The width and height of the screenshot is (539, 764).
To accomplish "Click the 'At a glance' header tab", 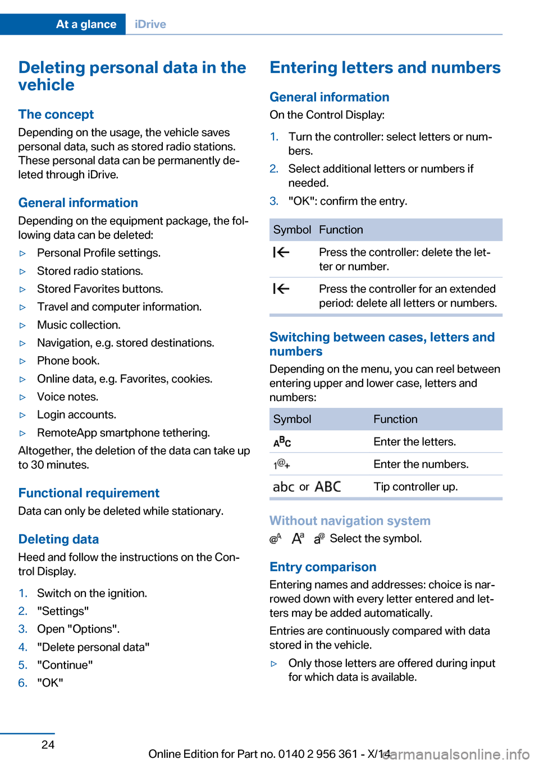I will coord(86,24).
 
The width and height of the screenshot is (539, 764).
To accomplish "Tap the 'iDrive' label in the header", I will coord(150,24).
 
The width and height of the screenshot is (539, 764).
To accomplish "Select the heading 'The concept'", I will coord(56,114).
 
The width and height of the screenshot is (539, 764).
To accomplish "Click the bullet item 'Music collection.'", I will coord(79,325).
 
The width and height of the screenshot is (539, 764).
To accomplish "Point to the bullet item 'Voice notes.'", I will coord(67,397).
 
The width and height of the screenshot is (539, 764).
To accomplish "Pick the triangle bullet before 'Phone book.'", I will coord(23,361).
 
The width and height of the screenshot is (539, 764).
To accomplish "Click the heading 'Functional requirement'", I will coord(89,493).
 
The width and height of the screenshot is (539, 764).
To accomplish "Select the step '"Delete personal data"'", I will coord(93,647).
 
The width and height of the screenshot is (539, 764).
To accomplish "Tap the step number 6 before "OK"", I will coord(22,683).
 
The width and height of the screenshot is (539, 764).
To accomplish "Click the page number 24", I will coord(48,744).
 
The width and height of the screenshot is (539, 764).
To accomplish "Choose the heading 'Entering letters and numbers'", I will coord(385,67).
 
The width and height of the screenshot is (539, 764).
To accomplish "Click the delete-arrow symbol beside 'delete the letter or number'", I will coord(281,252).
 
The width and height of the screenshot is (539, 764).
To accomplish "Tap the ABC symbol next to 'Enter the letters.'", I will coord(282,442).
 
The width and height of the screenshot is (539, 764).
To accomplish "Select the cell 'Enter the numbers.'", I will coord(421,464).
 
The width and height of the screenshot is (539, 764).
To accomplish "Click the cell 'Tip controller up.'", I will coord(415,486).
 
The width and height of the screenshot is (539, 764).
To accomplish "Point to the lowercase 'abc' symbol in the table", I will coord(284,487).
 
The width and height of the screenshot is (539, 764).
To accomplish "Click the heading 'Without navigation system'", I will coord(350,521).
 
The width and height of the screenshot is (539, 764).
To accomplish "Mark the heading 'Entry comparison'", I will coord(323,567).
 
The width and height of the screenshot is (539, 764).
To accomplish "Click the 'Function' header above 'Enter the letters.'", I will coord(395,419).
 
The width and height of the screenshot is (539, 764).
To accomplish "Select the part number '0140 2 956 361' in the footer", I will coord(318,754).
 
